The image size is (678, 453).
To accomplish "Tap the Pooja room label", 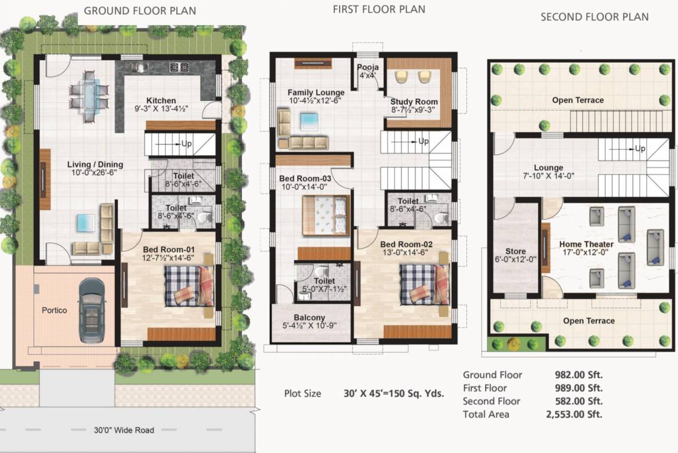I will click(368, 67).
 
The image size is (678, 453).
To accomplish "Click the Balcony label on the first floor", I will click(311, 317).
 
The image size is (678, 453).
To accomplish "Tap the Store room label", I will click(515, 251).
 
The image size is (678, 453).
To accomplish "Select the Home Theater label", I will click(586, 244).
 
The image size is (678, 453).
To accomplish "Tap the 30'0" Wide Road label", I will click(124, 430).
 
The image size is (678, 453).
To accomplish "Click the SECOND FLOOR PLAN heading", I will click(594, 17).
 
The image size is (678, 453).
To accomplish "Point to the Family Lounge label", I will click(316, 93).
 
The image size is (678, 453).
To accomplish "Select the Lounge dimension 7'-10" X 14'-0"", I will click(548, 176).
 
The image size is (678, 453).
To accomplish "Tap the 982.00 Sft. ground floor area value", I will click(578, 375).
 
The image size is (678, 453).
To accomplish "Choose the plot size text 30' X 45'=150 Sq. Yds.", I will click(393, 393).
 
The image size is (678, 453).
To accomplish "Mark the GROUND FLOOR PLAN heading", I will click(140, 11).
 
